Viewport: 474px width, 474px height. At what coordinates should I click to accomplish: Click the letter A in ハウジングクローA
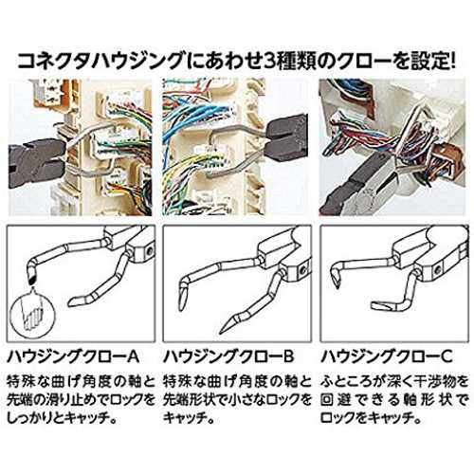132,356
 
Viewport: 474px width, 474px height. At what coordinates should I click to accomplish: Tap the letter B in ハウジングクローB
287,356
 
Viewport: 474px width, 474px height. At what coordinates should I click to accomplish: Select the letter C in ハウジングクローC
446,356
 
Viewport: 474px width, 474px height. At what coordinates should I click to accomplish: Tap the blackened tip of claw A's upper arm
31,279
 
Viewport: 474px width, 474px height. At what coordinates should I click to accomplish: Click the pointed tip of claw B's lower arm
222,331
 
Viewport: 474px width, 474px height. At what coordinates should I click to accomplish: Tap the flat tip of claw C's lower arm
374,305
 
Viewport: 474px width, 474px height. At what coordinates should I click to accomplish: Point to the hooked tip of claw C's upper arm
336,282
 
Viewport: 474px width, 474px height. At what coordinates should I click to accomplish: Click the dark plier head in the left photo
35,161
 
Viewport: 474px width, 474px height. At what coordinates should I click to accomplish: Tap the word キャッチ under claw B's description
183,418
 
